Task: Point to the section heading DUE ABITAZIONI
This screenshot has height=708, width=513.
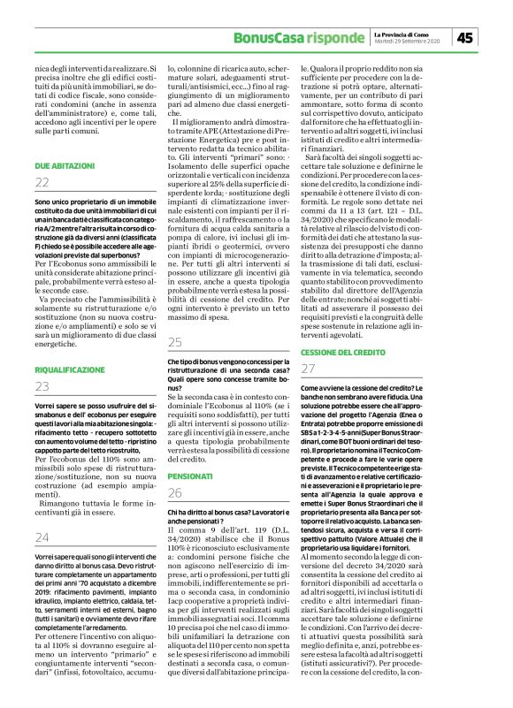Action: pos(66,166)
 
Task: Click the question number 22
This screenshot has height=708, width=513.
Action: pos(42,183)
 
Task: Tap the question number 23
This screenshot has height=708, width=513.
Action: pos(42,386)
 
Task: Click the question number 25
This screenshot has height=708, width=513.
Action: pos(175,342)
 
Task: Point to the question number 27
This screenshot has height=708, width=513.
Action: pos(309,368)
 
